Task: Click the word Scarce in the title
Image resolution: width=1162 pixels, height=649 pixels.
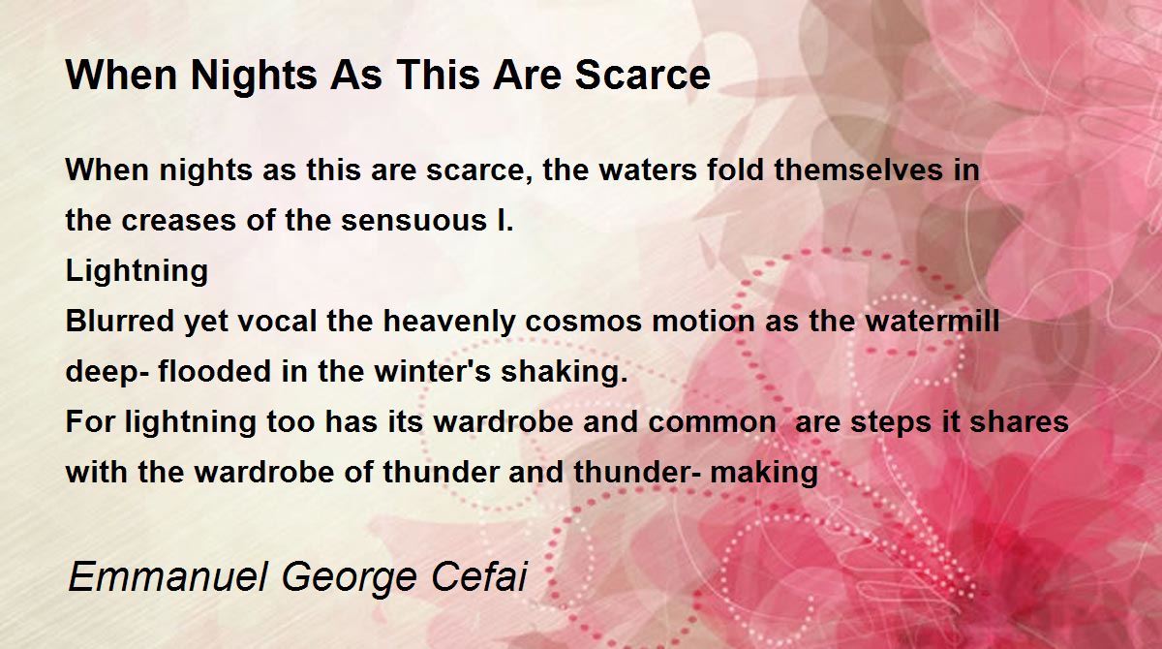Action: pyautogui.click(x=642, y=76)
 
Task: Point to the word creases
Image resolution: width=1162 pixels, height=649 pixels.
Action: pyautogui.click(x=178, y=221)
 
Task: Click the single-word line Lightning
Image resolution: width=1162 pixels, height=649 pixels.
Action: pyautogui.click(x=137, y=271)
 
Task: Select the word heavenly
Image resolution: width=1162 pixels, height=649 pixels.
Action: pyautogui.click(x=448, y=323)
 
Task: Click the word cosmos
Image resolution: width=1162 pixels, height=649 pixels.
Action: pyautogui.click(x=584, y=322)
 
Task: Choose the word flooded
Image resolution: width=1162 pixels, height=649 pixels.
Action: pyautogui.click(x=214, y=371)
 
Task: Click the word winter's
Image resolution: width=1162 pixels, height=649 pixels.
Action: pyautogui.click(x=432, y=371)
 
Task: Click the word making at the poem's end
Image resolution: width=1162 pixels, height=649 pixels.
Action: pyautogui.click(x=764, y=473)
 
